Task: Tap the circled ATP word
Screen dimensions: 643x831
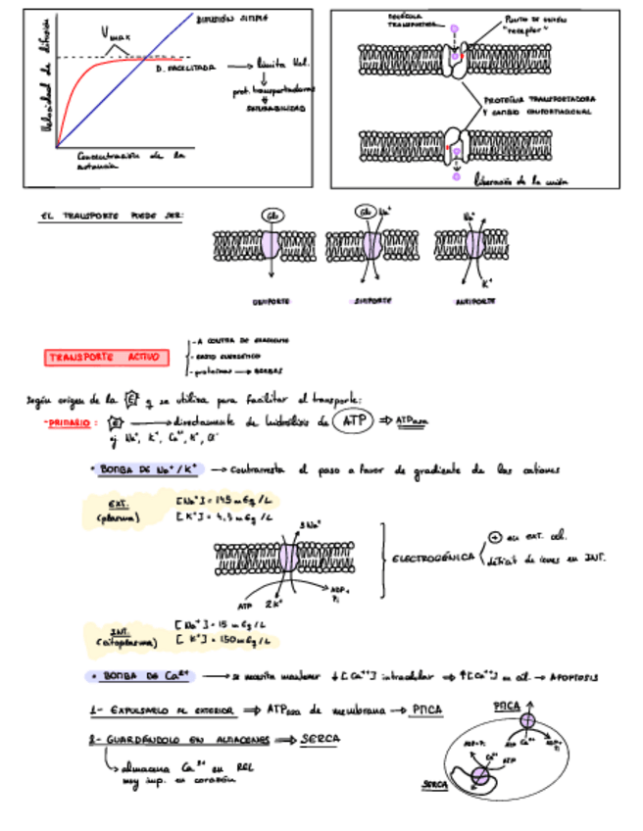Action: pyautogui.click(x=351, y=421)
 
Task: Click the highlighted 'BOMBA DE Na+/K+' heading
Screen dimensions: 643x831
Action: pyautogui.click(x=151, y=470)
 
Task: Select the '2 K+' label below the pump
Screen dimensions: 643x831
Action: pyautogui.click(x=273, y=605)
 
